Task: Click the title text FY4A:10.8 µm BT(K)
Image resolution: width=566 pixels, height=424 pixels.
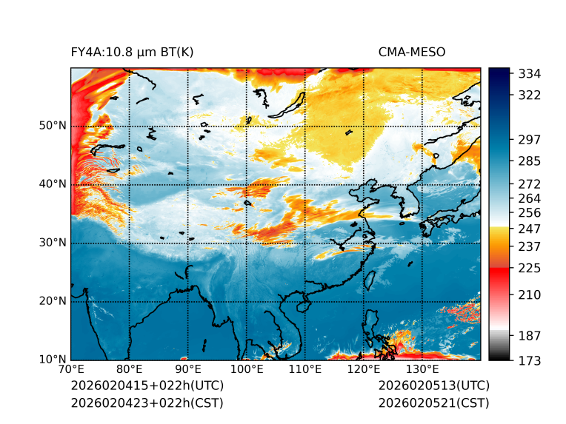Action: coord(132,52)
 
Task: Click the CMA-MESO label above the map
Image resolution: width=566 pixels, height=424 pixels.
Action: coord(411,52)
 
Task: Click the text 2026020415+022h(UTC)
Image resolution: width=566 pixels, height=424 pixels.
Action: coord(147,386)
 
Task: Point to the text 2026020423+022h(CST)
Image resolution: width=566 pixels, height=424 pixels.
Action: coord(147,403)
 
